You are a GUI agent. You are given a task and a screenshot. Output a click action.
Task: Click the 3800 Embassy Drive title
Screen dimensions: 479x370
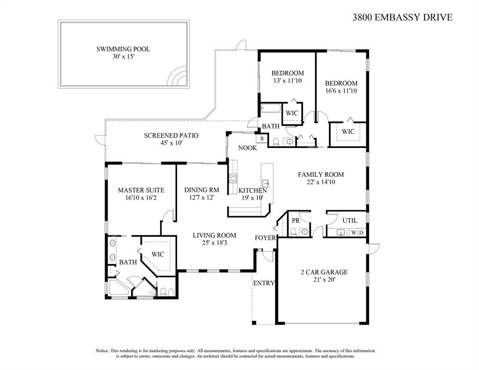tap(402, 17)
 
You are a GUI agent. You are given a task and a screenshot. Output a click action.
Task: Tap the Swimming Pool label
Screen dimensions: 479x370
tap(123, 49)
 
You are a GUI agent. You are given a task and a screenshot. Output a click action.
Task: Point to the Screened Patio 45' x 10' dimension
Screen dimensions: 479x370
tap(171, 143)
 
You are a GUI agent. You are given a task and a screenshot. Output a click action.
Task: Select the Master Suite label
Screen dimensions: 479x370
tap(141, 190)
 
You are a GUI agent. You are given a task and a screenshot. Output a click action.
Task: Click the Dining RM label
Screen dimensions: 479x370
tap(202, 190)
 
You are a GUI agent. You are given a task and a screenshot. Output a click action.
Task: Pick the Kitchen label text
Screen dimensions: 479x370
tap(253, 191)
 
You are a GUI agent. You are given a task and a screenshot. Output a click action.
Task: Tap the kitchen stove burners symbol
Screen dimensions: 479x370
tap(233, 178)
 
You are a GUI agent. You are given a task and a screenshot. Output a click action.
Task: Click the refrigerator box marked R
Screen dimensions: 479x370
tap(262, 138)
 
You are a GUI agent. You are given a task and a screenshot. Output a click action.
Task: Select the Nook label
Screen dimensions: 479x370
tap(247, 148)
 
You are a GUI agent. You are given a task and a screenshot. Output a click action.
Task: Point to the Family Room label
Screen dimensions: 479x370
tap(321, 175)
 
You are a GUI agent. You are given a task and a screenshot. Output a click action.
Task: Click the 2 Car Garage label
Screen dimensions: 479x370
tap(324, 272)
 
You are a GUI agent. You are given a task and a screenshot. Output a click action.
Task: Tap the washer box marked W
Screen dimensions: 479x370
tap(354, 233)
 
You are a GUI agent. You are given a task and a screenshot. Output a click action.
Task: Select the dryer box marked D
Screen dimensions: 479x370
tap(361, 233)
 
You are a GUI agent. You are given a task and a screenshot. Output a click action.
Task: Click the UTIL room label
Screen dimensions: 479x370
tap(349, 220)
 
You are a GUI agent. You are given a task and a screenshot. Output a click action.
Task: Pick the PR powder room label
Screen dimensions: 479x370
tap(296, 220)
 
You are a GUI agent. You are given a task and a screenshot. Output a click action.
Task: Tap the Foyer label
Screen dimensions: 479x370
tap(265, 238)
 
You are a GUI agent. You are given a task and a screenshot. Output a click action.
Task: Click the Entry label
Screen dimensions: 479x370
tap(264, 283)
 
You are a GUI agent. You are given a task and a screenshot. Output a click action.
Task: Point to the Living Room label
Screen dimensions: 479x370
tap(215, 235)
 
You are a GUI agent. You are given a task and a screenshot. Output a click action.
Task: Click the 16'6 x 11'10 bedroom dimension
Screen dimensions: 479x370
tap(341, 91)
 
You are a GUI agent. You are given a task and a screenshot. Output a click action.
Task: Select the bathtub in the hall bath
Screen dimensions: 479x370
tap(271, 109)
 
